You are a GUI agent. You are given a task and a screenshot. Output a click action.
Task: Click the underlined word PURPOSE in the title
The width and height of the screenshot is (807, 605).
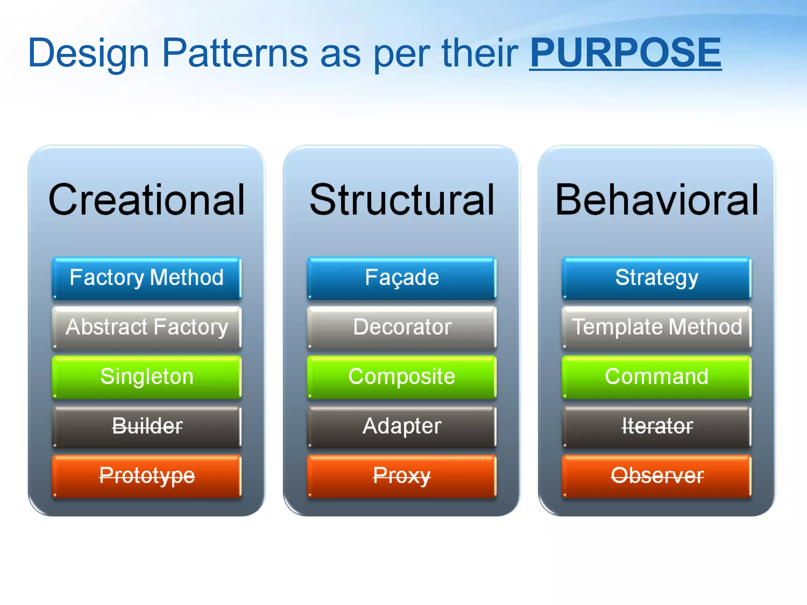(x=625, y=53)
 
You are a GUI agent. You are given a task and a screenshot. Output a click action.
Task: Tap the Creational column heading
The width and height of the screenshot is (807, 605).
(x=147, y=200)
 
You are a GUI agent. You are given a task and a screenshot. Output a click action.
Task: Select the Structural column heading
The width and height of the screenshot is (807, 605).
(x=402, y=200)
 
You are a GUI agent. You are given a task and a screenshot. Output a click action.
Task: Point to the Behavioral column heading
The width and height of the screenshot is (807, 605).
(x=656, y=200)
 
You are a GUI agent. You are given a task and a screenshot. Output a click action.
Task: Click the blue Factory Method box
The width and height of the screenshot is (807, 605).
(x=147, y=278)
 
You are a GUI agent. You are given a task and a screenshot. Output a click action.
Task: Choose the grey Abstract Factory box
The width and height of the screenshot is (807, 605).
(x=147, y=327)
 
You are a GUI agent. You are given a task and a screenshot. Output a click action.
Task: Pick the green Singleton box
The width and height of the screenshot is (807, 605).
(x=147, y=377)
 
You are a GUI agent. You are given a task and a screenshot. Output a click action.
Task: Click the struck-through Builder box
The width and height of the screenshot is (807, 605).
(x=147, y=427)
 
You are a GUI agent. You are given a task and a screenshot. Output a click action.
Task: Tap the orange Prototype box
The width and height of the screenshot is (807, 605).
(x=147, y=476)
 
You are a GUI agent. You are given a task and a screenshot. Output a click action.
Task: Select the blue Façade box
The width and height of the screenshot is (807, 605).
(x=402, y=278)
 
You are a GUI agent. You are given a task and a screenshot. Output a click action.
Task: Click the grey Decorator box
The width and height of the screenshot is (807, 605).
(x=402, y=327)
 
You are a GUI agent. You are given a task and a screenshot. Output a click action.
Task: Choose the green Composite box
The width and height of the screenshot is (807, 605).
(x=402, y=377)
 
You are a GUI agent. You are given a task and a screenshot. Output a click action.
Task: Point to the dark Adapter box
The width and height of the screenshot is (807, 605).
(x=402, y=427)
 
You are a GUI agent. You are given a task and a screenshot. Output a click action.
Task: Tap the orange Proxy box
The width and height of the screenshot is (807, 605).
(x=402, y=476)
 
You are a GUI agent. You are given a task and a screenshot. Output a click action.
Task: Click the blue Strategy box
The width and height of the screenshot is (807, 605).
(x=656, y=278)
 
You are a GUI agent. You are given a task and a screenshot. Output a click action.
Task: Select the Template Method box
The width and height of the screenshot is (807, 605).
(x=656, y=327)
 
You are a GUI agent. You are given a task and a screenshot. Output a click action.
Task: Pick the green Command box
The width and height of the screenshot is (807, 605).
(x=656, y=377)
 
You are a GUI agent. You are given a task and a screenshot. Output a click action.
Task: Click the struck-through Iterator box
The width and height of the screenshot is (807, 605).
(x=656, y=427)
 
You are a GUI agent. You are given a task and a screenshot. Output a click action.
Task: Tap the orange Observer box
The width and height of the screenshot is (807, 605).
(x=656, y=476)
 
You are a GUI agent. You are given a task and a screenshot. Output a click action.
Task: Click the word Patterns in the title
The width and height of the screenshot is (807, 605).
(x=234, y=53)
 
